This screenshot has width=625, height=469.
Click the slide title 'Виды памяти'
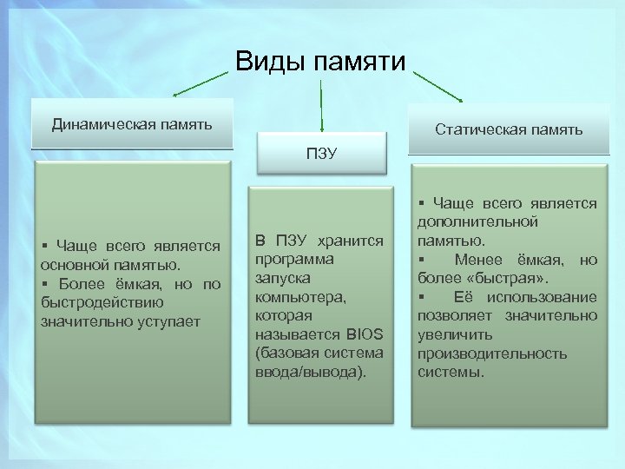(x=320, y=62)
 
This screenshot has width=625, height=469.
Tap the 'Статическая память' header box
(x=508, y=130)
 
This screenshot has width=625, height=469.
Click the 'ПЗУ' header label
(x=321, y=155)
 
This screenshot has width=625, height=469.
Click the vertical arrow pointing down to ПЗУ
(x=322, y=104)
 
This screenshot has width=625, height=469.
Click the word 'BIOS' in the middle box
(x=364, y=335)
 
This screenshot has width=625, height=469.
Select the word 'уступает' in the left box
(x=174, y=321)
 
